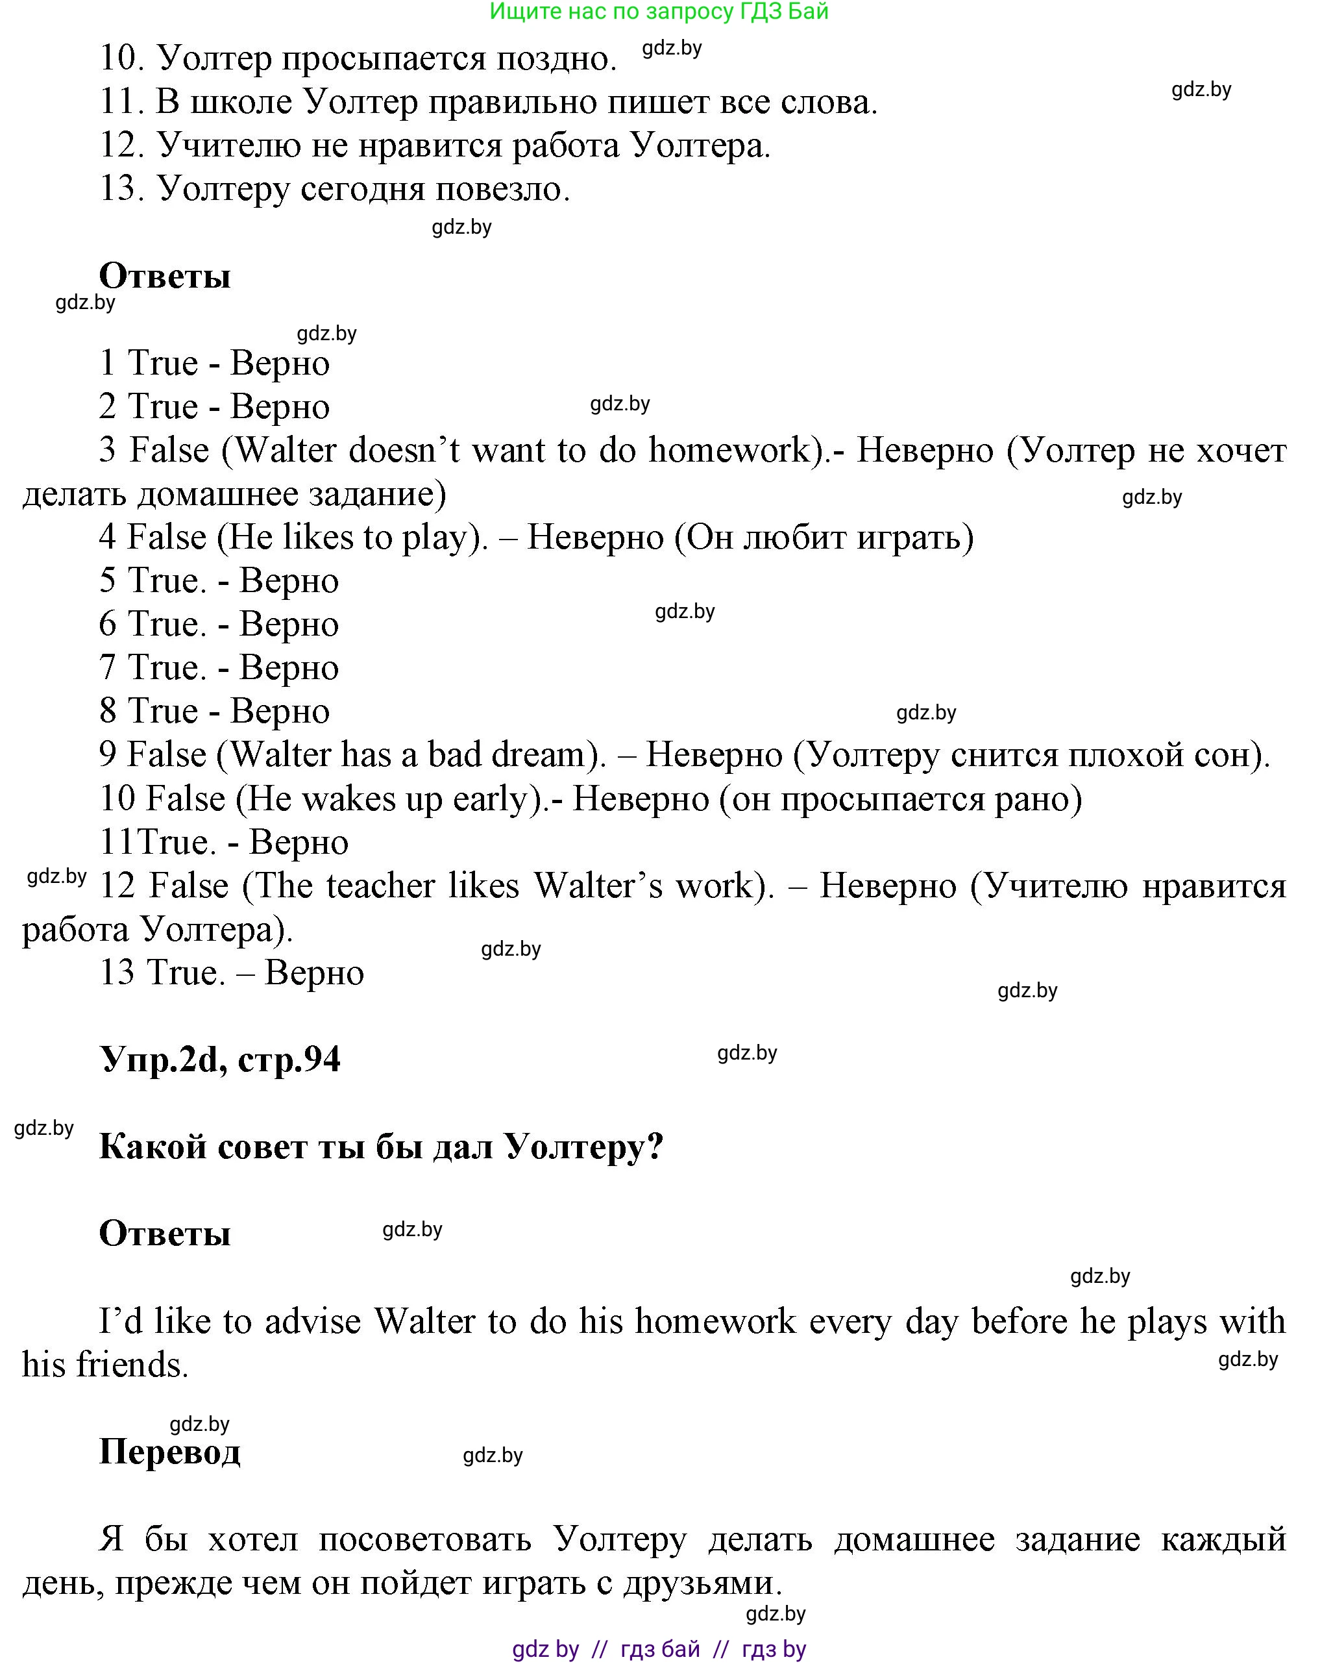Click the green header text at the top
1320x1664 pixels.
coord(659,12)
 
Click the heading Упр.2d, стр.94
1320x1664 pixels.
coord(220,1060)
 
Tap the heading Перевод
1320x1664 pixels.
coord(170,1451)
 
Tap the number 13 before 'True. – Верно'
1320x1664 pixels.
coord(117,973)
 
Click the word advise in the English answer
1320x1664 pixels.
coord(312,1321)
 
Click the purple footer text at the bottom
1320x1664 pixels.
coord(659,1649)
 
